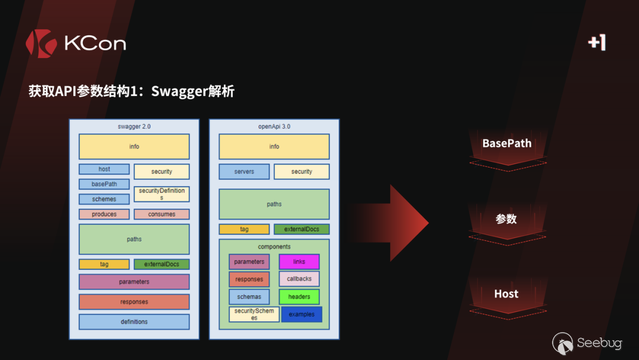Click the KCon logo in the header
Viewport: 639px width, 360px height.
click(x=76, y=43)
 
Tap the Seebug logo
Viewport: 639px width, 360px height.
click(x=587, y=343)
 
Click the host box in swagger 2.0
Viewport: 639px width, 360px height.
click(x=104, y=169)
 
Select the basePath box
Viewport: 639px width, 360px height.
click(x=104, y=184)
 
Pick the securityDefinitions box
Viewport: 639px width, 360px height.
click(x=162, y=194)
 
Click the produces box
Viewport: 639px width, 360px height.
click(x=104, y=214)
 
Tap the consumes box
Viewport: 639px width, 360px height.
click(x=162, y=214)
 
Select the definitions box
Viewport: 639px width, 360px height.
click(x=134, y=322)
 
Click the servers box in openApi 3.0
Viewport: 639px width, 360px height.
click(x=244, y=172)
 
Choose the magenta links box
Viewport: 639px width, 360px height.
click(x=299, y=262)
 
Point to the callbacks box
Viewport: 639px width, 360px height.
click(x=299, y=279)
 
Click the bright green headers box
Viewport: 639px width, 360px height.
click(x=299, y=297)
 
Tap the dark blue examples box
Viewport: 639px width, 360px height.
click(x=302, y=314)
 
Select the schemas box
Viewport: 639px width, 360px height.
click(x=249, y=297)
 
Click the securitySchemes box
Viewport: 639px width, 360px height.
click(x=254, y=314)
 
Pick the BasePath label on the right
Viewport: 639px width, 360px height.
click(x=506, y=143)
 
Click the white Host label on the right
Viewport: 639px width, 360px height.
click(x=506, y=294)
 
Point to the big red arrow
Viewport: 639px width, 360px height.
click(x=396, y=223)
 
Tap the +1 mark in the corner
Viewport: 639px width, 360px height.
click(x=597, y=43)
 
